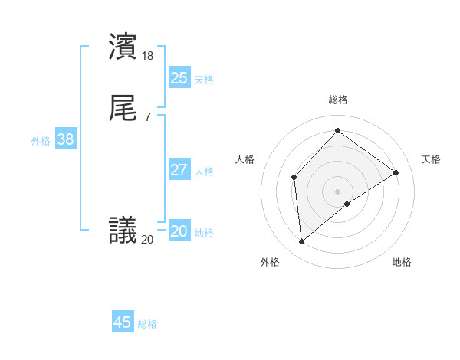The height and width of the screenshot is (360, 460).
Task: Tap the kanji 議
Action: coord(123,230)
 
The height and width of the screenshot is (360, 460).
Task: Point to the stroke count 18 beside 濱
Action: coord(148,55)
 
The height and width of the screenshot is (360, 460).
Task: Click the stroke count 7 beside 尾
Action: coord(147,116)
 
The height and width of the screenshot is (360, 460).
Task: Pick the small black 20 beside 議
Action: coord(147,240)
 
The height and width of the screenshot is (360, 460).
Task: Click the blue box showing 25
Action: coord(179,78)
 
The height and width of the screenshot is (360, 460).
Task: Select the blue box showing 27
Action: coord(179,170)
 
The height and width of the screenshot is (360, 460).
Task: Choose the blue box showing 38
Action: coord(65,139)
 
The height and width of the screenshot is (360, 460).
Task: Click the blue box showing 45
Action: coord(123,322)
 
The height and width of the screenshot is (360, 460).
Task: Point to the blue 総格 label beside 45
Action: coord(147,324)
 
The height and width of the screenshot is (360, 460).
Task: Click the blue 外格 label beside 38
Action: coord(41,141)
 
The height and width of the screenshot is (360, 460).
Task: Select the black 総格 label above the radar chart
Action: coord(337,100)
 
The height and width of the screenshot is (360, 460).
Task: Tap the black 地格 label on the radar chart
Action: coord(402,262)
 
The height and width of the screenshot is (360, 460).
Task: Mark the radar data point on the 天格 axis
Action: coord(396,172)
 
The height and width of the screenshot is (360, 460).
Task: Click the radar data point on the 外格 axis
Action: coord(302,242)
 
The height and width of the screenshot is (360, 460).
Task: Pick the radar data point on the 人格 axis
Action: coord(294,178)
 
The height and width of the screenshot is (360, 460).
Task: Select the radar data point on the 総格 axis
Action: coord(337,131)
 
